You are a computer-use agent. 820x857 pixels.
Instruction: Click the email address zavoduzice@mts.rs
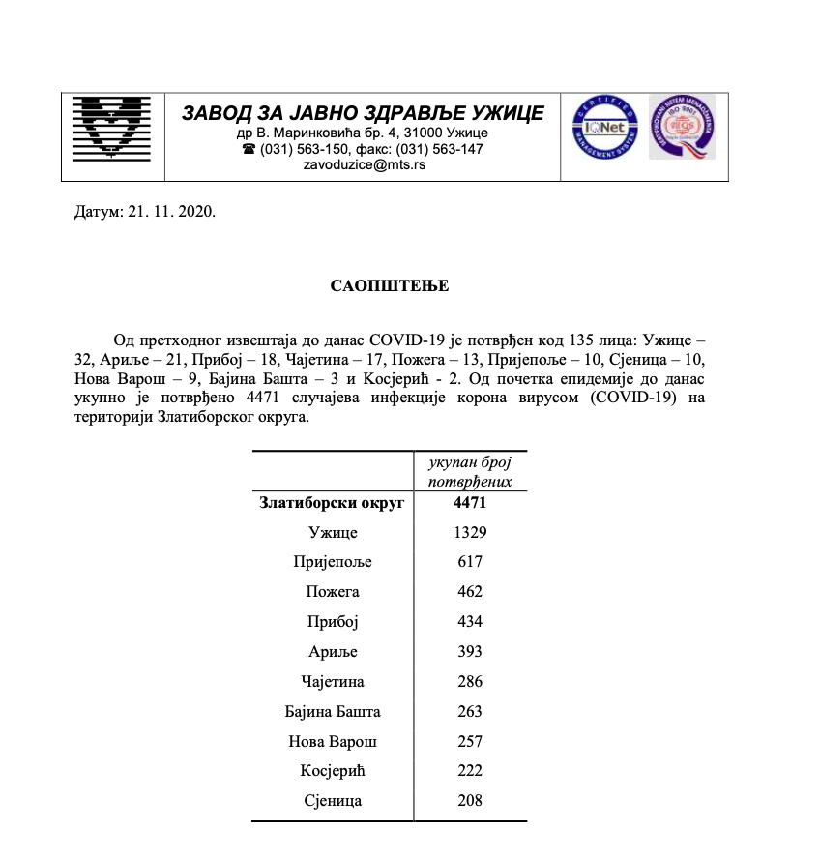coord(364,165)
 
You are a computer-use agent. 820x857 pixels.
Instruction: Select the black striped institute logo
coord(114,135)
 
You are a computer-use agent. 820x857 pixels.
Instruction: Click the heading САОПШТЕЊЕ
coord(390,286)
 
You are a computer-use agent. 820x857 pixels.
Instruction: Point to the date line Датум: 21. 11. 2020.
coord(144,211)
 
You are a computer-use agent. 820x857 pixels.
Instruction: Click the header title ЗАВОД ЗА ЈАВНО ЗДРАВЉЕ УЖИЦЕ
coord(363,113)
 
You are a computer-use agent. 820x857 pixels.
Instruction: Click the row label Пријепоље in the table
coord(333,562)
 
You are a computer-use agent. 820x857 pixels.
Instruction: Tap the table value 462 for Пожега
coord(470,592)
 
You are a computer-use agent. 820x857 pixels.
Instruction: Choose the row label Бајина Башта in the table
coord(333,712)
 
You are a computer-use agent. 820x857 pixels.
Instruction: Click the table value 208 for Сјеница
coord(470,801)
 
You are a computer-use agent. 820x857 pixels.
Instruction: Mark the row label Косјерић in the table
coord(333,771)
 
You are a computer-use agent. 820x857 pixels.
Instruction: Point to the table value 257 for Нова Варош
coord(470,742)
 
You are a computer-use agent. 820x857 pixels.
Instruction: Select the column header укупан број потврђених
coord(470,471)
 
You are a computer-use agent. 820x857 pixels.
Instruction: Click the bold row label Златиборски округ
coord(333,502)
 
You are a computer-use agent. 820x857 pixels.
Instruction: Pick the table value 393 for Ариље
coord(470,652)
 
